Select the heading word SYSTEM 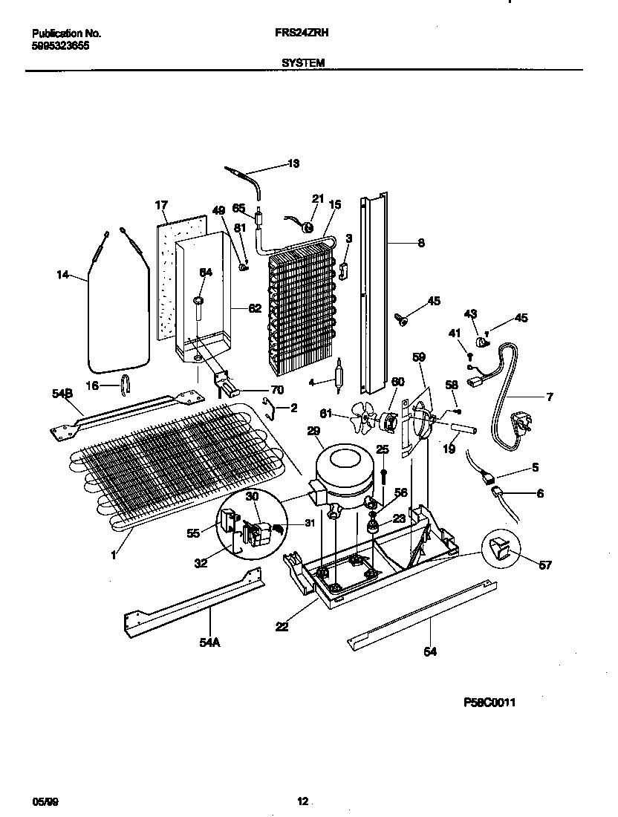[x=303, y=63]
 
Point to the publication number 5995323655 [x=61, y=45]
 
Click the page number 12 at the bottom [x=302, y=801]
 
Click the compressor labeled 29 [x=341, y=470]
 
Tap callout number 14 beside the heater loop [x=62, y=275]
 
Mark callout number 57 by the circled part [x=545, y=565]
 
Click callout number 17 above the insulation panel [x=162, y=205]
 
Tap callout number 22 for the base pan [x=282, y=627]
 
